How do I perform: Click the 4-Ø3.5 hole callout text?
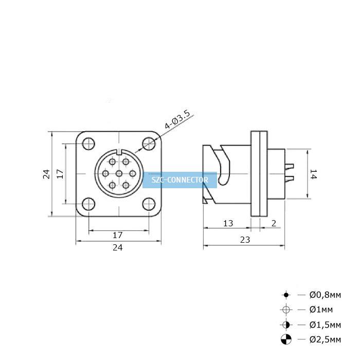177,119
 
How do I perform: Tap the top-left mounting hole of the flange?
88,143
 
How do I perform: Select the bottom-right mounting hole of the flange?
149,204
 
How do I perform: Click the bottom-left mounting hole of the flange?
88,204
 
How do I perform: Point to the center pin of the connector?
119,174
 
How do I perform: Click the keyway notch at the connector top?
119,152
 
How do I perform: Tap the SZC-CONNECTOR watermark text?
180,180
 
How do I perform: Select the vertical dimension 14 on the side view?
313,174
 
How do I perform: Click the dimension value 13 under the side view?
228,223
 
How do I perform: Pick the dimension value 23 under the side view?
245,240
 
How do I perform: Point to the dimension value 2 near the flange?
274,223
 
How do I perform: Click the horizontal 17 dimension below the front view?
118,235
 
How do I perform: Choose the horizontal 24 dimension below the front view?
118,247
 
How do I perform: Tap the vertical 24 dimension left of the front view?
46,174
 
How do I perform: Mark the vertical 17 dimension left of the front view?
60,174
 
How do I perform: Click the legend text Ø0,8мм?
325,295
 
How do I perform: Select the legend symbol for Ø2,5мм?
286,339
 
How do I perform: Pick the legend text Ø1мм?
321,310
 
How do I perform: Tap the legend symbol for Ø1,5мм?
286,325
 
